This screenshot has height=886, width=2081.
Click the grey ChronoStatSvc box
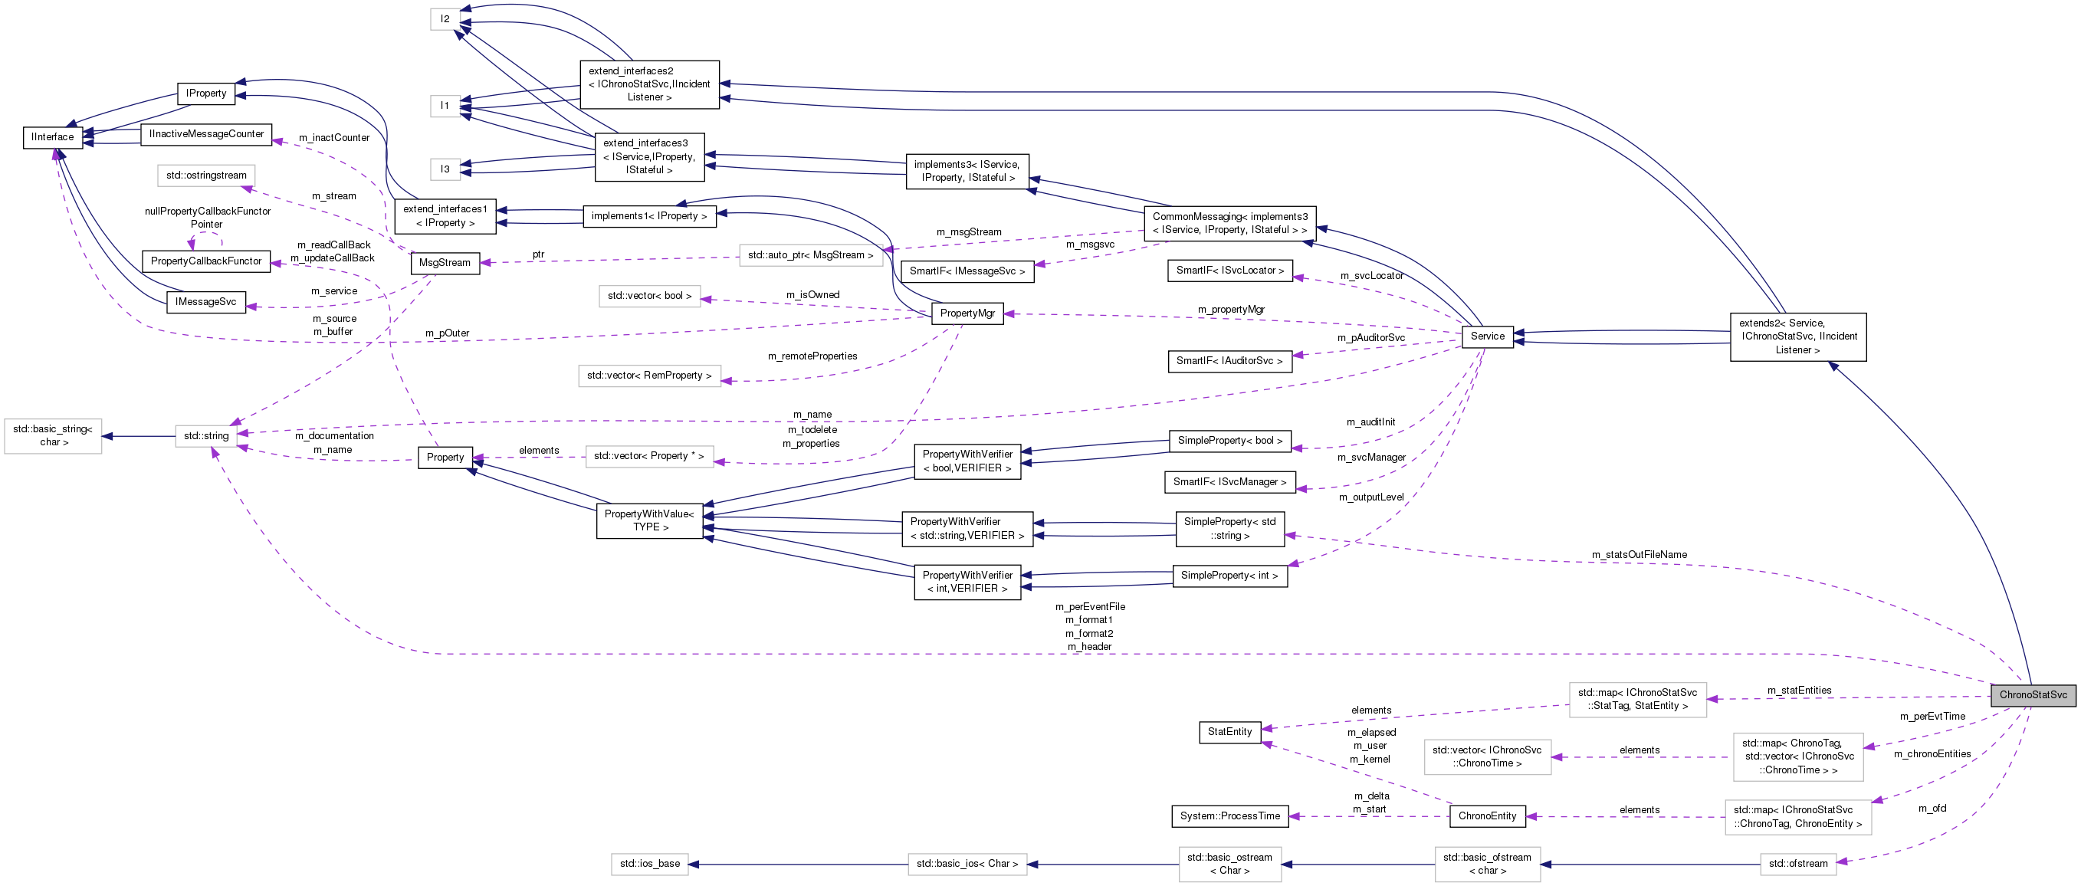tap(2033, 694)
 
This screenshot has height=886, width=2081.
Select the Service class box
tap(1487, 336)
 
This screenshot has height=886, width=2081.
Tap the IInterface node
tap(53, 137)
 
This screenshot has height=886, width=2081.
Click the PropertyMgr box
tap(967, 313)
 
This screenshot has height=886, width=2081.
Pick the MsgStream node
tap(445, 264)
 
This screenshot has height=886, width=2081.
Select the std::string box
tap(206, 436)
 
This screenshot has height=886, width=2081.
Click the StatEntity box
tap(1229, 732)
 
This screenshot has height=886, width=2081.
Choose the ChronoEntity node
tap(1487, 815)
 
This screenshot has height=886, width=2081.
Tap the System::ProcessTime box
tap(1229, 815)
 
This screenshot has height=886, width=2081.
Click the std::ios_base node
tap(649, 863)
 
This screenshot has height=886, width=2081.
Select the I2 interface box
tap(445, 18)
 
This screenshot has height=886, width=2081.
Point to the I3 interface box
tap(445, 169)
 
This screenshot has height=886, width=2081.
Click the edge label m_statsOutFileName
tap(1639, 554)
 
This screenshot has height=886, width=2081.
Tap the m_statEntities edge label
tap(1799, 690)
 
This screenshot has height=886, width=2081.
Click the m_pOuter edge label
tap(447, 333)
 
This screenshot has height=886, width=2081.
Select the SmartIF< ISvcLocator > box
tap(1229, 271)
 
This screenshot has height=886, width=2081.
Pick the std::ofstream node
tap(1797, 863)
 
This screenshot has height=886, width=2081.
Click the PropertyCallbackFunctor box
tap(206, 261)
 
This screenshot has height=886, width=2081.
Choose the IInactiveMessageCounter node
tap(206, 134)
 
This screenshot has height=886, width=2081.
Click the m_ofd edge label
tap(1932, 808)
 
